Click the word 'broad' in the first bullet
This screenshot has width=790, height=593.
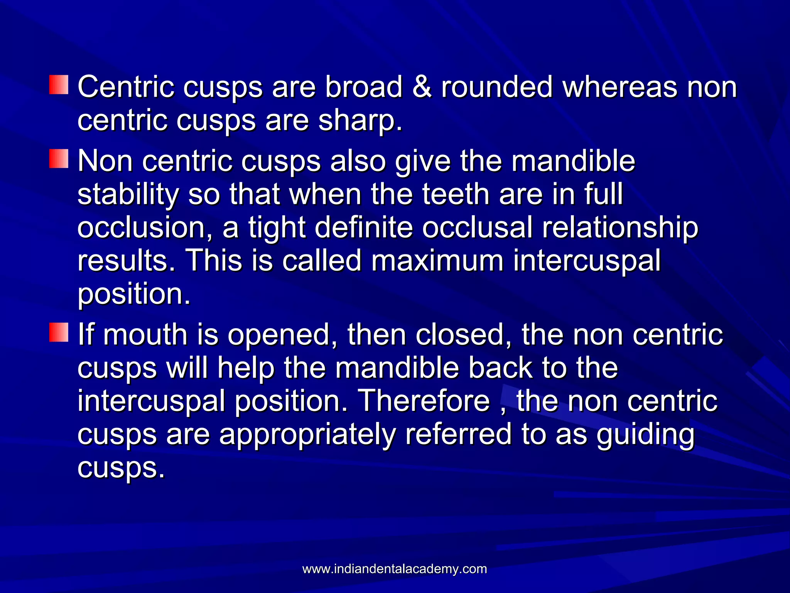363,87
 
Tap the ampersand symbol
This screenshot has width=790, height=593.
422,87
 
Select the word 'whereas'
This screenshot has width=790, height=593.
620,87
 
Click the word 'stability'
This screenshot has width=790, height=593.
128,194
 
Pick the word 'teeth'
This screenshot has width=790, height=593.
456,194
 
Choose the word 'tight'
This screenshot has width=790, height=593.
277,228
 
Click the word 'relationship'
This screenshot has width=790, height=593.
620,228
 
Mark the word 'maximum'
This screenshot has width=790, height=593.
437,261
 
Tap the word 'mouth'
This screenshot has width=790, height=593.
145,334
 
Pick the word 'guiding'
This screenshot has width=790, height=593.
645,434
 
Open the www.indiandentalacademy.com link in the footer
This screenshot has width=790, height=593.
395,569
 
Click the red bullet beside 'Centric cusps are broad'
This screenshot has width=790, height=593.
59,85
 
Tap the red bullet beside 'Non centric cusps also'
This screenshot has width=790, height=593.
59,159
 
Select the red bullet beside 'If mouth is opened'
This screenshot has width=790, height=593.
59,332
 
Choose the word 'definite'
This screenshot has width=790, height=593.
364,228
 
